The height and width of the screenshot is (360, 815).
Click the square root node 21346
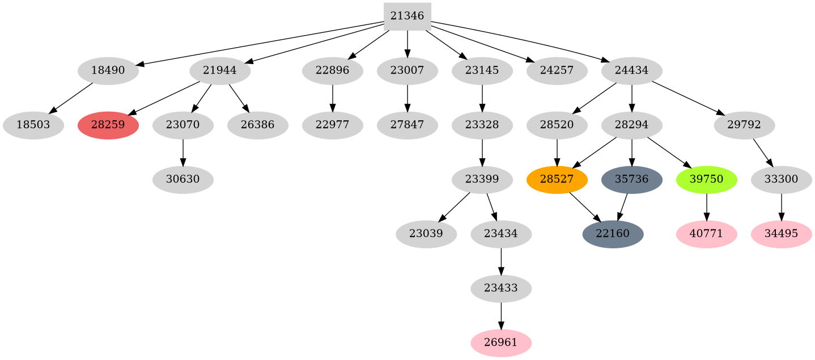point(407,16)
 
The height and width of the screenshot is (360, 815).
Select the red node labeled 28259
point(108,125)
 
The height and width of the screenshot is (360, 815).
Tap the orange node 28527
point(557,180)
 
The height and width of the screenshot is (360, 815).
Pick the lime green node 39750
point(706,180)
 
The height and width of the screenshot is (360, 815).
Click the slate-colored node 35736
point(631,180)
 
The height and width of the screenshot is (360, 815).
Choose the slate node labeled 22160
point(613,234)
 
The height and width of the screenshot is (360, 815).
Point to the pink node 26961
point(501,343)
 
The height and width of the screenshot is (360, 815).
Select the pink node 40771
point(706,234)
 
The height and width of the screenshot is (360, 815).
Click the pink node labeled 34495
point(781,234)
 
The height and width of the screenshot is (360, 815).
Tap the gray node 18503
point(33,125)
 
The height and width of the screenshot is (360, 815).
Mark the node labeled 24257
point(557,71)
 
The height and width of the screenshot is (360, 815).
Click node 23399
point(482,180)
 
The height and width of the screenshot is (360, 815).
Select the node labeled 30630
point(182,180)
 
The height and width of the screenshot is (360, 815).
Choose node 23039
point(426,234)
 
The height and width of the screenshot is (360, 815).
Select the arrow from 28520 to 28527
point(557,152)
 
